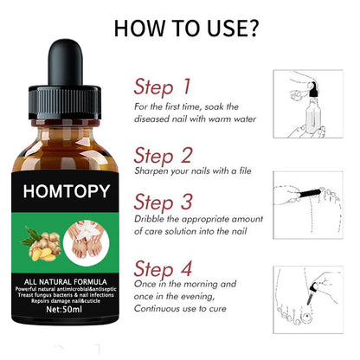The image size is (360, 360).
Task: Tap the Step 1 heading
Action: tap(162, 87)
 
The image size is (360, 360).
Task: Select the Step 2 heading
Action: tap(163, 156)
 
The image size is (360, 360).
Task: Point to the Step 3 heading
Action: tap(163, 201)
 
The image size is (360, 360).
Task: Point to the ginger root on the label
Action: tap(39, 239)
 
